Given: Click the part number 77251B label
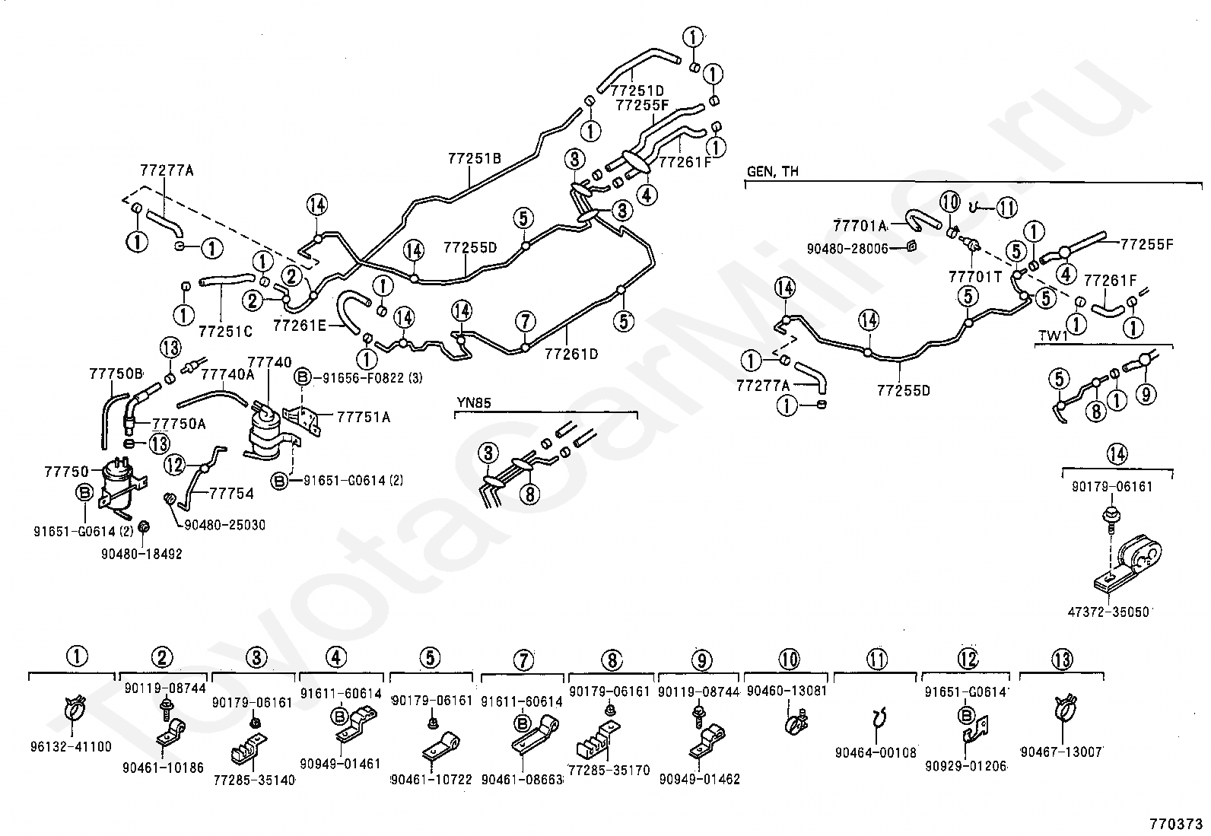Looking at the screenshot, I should [x=474, y=159].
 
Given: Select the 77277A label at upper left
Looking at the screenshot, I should [x=167, y=170].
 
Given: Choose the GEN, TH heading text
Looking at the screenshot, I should [x=773, y=172].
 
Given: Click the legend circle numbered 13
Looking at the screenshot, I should [x=1062, y=659].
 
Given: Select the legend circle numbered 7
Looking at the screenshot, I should [x=523, y=660].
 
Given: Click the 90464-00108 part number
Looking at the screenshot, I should [x=876, y=752].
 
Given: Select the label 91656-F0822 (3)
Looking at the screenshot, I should [x=358, y=377].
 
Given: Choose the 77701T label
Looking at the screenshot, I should [x=975, y=277].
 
